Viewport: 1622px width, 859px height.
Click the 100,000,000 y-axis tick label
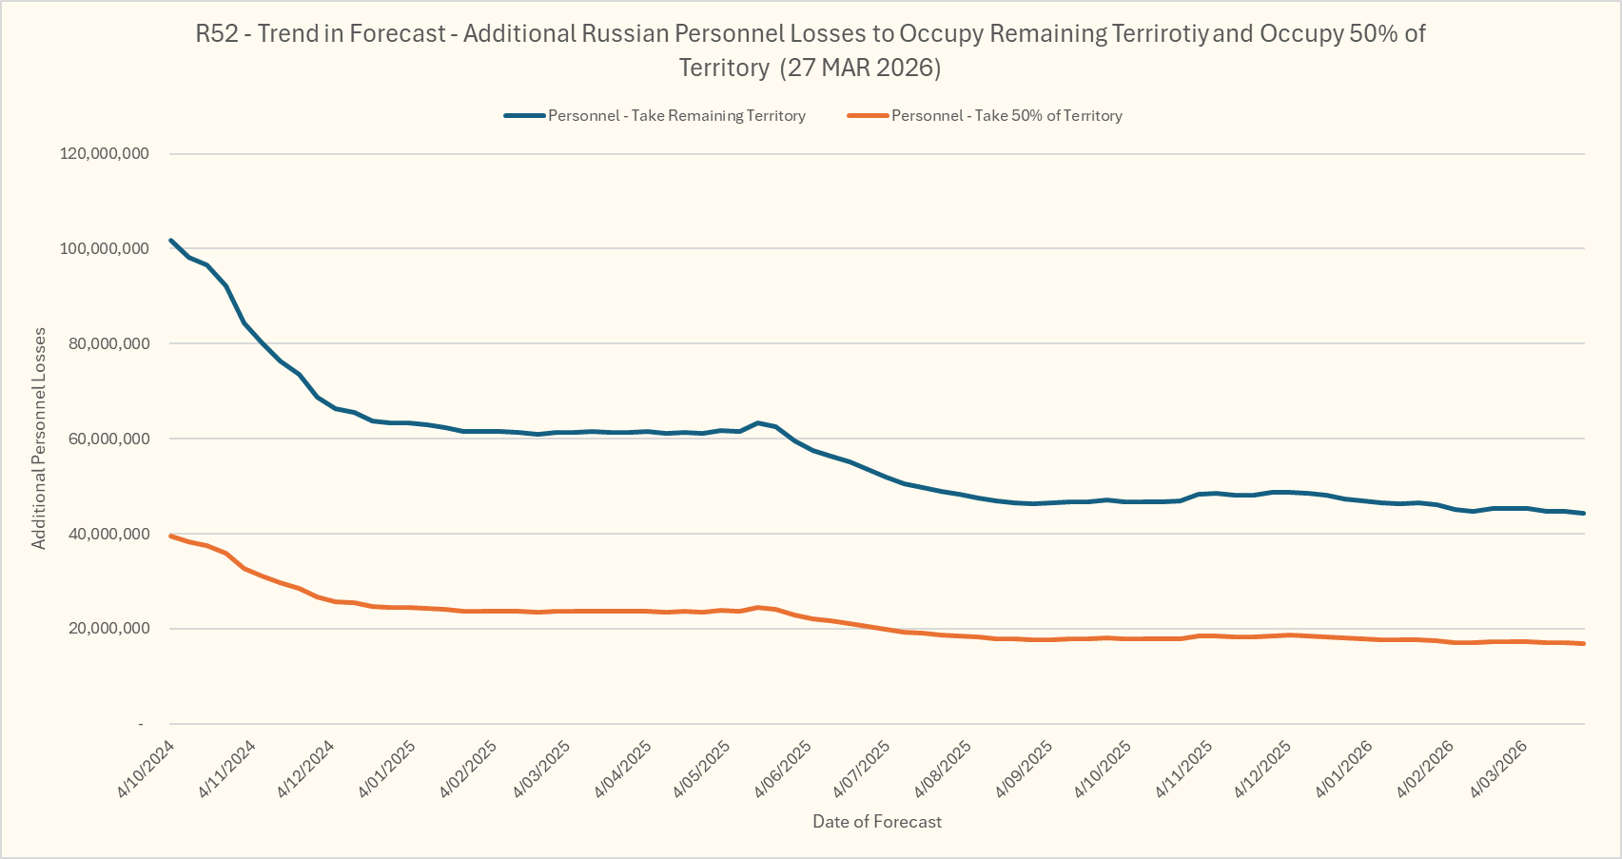click(x=105, y=248)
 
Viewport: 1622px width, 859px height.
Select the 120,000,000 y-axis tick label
click(x=105, y=153)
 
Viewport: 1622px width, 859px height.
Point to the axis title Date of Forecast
click(x=877, y=822)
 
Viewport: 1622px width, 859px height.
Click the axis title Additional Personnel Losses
click(x=39, y=439)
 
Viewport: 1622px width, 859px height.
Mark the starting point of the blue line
click(x=170, y=240)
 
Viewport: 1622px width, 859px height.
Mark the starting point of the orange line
click(x=170, y=536)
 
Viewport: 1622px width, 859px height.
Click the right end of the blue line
click(x=1584, y=513)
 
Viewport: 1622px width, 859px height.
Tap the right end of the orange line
click(x=1584, y=644)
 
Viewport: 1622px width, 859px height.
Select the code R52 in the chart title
click(x=217, y=33)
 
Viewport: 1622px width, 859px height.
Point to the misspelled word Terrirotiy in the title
click(x=1159, y=33)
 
